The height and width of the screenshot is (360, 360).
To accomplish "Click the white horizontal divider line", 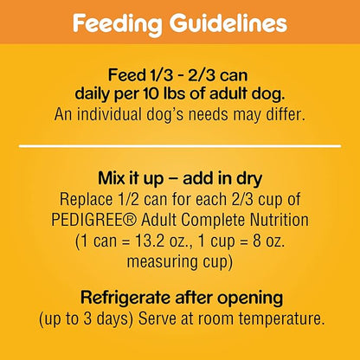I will (180, 146).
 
